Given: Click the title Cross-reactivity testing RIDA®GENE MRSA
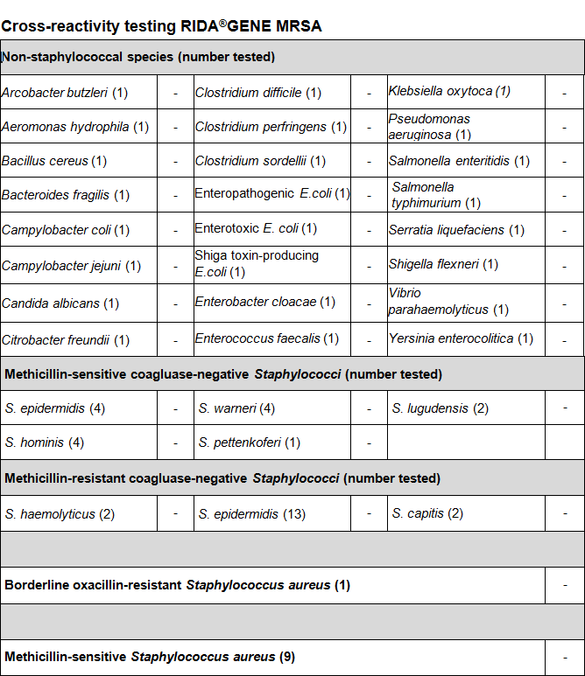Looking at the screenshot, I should (x=161, y=26).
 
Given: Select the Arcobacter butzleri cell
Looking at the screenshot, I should (x=65, y=92).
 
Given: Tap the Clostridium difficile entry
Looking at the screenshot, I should (x=258, y=92).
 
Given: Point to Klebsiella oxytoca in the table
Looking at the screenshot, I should (x=449, y=91).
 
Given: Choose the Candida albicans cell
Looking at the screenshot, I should (x=60, y=303).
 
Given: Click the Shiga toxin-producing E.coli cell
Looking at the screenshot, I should (x=257, y=263).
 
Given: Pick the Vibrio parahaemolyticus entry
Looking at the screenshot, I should (x=448, y=302).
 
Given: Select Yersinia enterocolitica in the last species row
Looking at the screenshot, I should (x=461, y=338).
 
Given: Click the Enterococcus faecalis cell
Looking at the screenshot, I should (x=267, y=338).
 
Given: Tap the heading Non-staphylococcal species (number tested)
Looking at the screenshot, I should (x=138, y=58).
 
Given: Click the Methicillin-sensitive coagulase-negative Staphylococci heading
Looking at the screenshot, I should (x=223, y=374).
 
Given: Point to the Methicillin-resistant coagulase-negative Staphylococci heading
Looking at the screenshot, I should (x=222, y=478).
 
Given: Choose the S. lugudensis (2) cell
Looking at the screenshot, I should (x=441, y=408).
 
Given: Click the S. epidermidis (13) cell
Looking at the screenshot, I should (x=252, y=513).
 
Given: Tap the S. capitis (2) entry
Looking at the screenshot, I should (x=427, y=513).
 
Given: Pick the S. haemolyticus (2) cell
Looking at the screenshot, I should (x=60, y=514).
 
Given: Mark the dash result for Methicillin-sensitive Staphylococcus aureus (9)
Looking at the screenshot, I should (x=565, y=656).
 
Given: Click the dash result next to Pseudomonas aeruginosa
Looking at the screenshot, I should (x=565, y=127).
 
